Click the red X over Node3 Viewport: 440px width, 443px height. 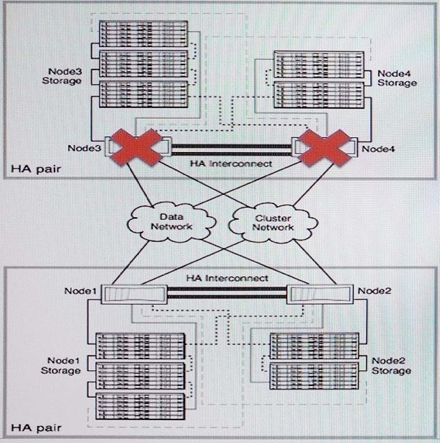click(x=137, y=147)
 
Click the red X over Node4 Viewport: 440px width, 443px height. click(x=325, y=148)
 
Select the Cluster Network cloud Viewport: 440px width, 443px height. click(x=273, y=223)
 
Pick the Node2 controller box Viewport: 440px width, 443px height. click(x=320, y=294)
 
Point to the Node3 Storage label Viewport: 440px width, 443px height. click(x=62, y=76)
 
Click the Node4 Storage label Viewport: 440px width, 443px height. click(x=397, y=78)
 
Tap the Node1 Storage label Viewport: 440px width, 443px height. click(x=60, y=365)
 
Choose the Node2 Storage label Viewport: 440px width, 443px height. click(x=391, y=365)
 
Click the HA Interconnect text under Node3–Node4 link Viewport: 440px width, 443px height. click(x=231, y=164)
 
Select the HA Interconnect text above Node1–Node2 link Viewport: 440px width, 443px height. click(x=227, y=278)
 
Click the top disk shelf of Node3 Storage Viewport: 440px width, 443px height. click(x=143, y=34)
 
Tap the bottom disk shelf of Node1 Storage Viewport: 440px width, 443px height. click(x=140, y=406)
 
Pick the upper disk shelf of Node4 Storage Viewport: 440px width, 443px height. click(x=319, y=65)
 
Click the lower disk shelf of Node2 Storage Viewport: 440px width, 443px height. click(x=314, y=376)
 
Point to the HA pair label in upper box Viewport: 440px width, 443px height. click(x=36, y=169)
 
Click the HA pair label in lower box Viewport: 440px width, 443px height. click(x=36, y=427)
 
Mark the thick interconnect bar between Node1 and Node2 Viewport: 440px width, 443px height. click(x=227, y=293)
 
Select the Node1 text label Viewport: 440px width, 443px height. click(x=81, y=291)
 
